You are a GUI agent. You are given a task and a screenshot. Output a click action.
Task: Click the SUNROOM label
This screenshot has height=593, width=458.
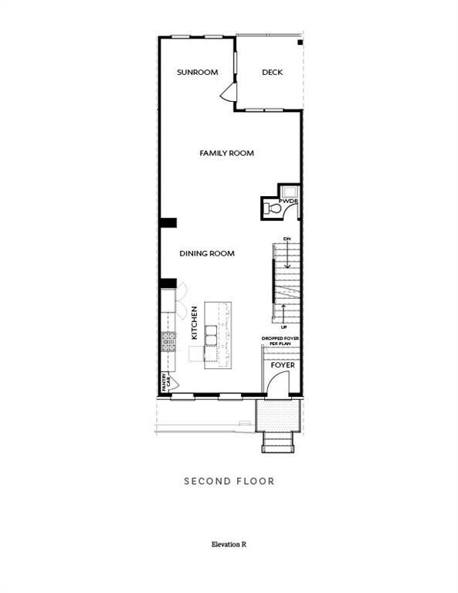tap(197, 73)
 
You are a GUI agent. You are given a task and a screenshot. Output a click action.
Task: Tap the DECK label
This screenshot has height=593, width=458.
tap(272, 73)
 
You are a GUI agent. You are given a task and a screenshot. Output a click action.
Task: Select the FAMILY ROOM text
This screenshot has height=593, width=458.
tap(227, 154)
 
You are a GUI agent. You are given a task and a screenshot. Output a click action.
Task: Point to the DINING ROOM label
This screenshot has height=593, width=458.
tap(207, 253)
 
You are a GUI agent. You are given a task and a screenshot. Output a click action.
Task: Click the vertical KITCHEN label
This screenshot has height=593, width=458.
tap(195, 323)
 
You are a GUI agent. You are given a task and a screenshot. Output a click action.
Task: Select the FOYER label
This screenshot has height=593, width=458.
tap(282, 364)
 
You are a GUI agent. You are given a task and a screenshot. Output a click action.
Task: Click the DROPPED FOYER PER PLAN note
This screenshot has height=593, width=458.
tap(281, 341)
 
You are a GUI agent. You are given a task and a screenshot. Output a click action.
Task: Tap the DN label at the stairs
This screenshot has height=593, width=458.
tap(287, 239)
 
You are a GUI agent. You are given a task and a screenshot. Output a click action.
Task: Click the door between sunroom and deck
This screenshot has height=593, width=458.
tap(228, 93)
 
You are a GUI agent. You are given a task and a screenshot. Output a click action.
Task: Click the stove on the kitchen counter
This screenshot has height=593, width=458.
tap(169, 341)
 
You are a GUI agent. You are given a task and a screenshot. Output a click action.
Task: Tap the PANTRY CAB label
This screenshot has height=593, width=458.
tap(165, 381)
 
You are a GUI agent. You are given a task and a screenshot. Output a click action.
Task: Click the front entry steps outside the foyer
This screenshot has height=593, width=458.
tap(277, 442)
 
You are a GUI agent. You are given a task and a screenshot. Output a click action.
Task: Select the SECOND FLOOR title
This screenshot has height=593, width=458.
tap(229, 481)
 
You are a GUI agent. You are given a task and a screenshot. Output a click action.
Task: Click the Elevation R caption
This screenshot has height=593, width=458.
tap(229, 544)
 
